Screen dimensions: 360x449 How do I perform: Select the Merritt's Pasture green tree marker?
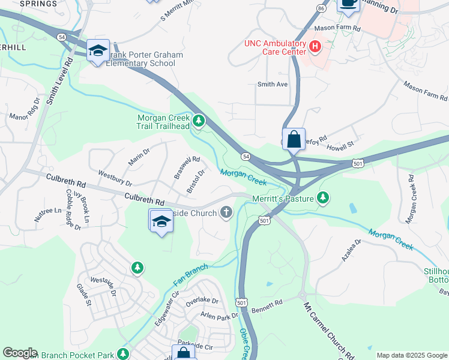[x=324, y=197]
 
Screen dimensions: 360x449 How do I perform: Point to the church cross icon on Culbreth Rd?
[x=226, y=212]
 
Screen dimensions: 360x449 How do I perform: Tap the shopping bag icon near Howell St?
[x=294, y=139]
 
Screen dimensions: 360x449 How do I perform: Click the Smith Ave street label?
[x=273, y=84]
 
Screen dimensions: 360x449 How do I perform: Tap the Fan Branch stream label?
[x=190, y=274]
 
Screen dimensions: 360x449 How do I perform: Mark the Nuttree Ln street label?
[x=47, y=215]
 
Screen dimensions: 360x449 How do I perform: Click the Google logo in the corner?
[x=20, y=353]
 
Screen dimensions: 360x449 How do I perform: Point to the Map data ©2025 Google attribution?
[x=412, y=355]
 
